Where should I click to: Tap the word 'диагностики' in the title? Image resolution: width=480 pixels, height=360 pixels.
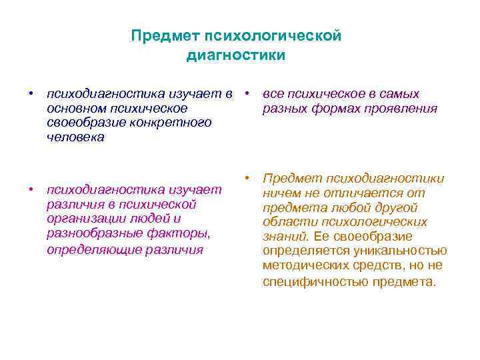point(236,55)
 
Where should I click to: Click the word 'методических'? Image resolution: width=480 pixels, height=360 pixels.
point(305,266)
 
